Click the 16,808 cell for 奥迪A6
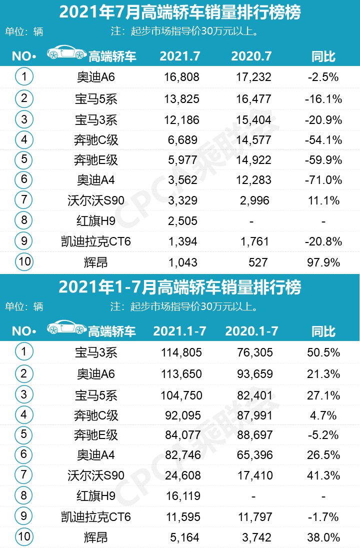pos(181,77)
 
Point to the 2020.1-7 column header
pos(252,331)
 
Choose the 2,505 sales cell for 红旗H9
pos(181,221)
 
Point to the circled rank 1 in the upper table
pos(24,77)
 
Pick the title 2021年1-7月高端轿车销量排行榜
pos(180,287)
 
